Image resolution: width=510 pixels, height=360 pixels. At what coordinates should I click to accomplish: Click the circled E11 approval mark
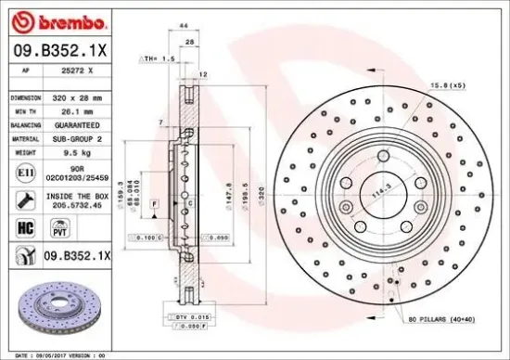pos(21,173)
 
